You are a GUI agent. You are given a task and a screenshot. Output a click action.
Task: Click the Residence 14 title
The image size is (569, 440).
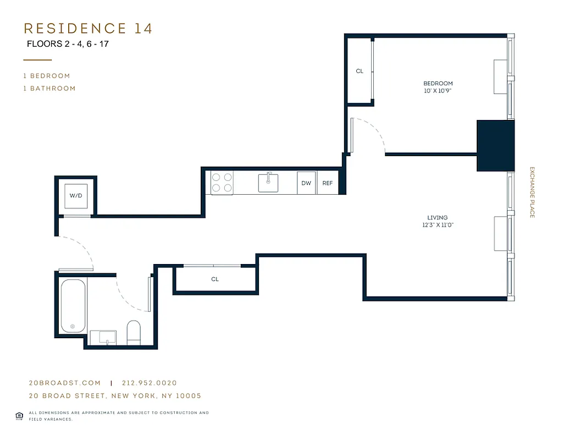tap(88, 29)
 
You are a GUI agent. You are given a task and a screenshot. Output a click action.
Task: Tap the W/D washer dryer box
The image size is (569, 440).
tap(76, 196)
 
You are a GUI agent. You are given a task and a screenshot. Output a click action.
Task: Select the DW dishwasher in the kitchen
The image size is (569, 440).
tap(306, 183)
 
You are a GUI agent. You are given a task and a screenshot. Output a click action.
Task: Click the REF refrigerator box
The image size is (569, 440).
tap(328, 183)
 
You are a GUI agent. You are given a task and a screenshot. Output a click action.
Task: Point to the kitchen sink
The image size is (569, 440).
tap(268, 182)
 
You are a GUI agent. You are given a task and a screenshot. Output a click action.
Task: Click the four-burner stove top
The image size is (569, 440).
tap(222, 182)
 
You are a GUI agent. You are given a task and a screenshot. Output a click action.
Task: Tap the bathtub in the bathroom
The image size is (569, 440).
tap(73, 306)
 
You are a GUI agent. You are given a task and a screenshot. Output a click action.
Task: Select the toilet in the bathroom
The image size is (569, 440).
tap(134, 333)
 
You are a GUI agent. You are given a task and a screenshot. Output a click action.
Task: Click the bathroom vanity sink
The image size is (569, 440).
tap(103, 337)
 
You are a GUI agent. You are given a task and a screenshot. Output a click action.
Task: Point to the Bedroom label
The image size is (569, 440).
tap(438, 84)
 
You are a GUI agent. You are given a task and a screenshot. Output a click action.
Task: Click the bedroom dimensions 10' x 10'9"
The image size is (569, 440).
tap(438, 91)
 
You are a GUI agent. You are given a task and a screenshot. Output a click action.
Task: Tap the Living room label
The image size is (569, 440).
tap(438, 218)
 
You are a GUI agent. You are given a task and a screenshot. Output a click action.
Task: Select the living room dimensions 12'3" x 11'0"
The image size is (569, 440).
tap(438, 225)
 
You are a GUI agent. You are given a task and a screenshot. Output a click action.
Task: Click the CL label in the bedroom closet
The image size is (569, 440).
tap(360, 71)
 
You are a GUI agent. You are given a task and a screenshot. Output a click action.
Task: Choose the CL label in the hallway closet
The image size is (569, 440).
tap(215, 279)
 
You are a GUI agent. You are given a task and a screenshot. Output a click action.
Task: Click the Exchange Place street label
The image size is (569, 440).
tap(532, 193)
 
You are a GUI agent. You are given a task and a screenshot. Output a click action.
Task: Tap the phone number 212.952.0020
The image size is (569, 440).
tap(150, 383)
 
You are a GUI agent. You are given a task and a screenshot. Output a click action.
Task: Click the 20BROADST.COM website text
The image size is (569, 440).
tap(65, 383)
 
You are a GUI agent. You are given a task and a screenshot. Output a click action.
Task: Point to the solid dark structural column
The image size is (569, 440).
tap(495, 145)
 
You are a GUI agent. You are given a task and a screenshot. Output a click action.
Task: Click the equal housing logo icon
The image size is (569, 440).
tap(19, 415)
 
